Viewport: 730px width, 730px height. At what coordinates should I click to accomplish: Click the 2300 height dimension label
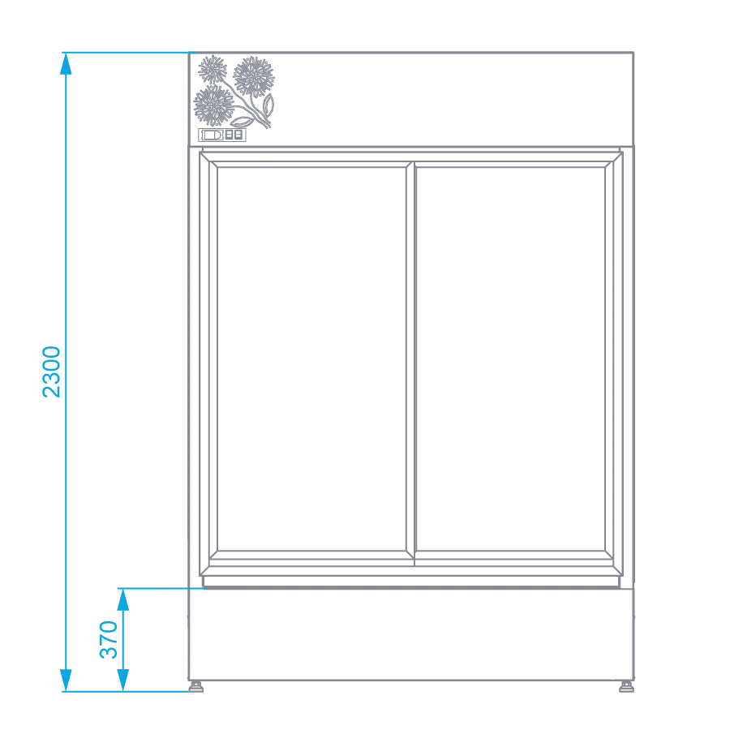click(x=52, y=372)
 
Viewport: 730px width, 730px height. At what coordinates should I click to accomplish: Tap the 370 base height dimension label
click(x=109, y=640)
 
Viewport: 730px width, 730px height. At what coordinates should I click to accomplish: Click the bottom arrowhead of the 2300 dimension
click(x=67, y=681)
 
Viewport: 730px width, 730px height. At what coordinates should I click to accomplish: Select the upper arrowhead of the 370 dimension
click(x=123, y=599)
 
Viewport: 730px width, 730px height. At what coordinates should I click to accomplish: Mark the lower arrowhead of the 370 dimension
click(x=123, y=681)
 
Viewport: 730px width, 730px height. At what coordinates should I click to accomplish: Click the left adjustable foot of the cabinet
click(x=196, y=686)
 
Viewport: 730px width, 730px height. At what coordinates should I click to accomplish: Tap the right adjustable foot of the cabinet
click(x=626, y=686)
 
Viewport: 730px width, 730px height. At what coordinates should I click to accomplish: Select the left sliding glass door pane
click(x=311, y=359)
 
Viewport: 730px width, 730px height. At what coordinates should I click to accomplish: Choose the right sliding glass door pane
click(x=511, y=359)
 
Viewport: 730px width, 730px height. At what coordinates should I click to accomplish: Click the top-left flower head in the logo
click(x=213, y=70)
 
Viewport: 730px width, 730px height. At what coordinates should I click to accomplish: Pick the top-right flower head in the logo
click(x=254, y=77)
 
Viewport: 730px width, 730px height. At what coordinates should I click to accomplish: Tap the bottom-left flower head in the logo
click(x=213, y=105)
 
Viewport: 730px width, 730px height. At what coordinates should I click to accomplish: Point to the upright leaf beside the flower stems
click(x=268, y=105)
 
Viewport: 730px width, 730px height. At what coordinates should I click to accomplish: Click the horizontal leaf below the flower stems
click(x=242, y=122)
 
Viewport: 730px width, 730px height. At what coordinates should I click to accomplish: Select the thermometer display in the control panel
click(x=212, y=135)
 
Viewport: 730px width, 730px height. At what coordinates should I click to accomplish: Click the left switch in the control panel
click(x=229, y=135)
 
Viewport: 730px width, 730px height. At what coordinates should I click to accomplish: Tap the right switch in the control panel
click(x=238, y=135)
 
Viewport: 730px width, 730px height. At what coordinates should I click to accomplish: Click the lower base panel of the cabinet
click(x=411, y=634)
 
